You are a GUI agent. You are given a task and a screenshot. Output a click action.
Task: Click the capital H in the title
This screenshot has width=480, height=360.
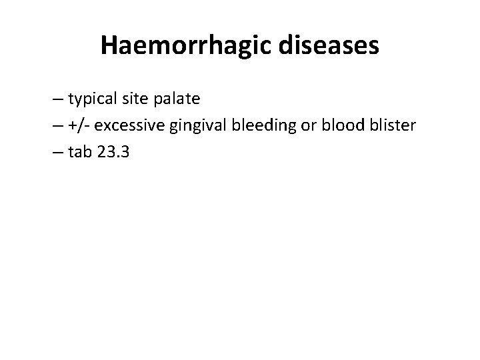[109, 46]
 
